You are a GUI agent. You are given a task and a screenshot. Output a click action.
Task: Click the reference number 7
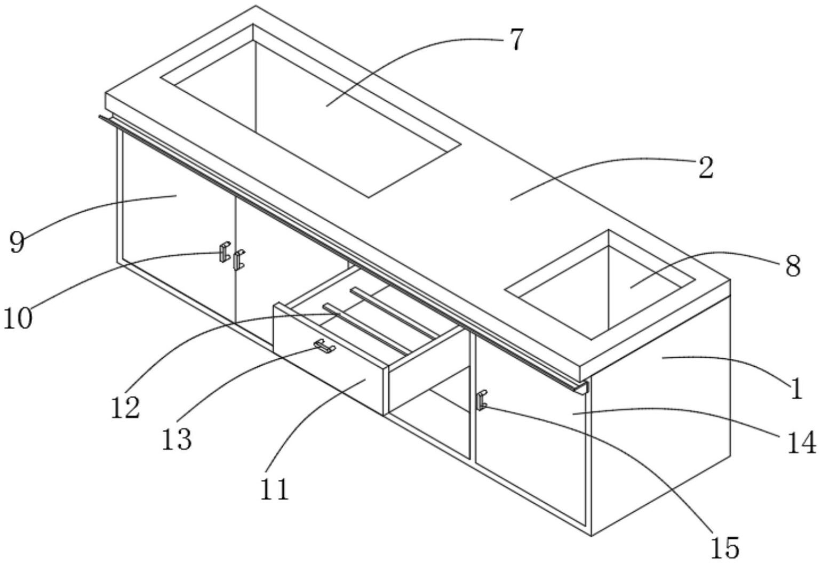(516, 39)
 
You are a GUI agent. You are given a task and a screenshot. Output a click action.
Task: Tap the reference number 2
(706, 167)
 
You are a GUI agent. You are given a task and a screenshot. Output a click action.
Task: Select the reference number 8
(793, 266)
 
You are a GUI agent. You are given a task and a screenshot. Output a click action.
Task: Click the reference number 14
(802, 442)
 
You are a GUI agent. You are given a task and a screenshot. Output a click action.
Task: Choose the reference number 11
(275, 489)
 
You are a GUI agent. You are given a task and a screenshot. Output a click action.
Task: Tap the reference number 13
(177, 439)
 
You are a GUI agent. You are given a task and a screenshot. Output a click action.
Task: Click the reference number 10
(18, 318)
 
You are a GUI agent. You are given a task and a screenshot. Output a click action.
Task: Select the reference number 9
(17, 243)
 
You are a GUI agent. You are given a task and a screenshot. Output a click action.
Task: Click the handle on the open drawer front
(325, 346)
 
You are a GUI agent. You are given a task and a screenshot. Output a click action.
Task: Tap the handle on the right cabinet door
(482, 400)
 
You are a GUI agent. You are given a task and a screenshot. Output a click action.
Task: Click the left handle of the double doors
(225, 252)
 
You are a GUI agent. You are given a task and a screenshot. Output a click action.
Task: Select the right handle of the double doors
(239, 260)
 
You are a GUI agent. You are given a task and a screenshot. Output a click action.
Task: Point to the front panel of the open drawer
(329, 358)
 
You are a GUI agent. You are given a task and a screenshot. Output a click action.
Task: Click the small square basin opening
(600, 285)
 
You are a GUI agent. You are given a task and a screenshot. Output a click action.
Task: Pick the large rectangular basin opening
(310, 111)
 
